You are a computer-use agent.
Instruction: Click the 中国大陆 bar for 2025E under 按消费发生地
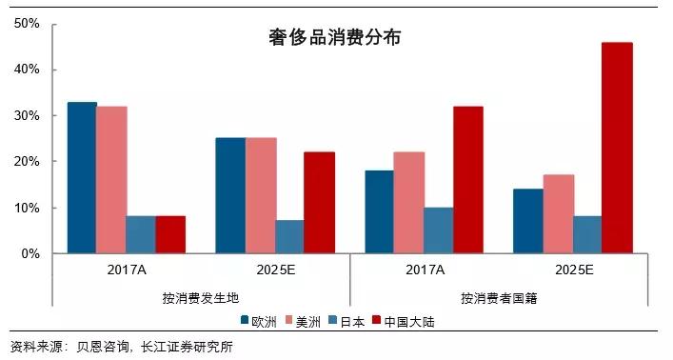[x=319, y=203]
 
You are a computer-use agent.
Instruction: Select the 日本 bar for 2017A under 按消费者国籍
[x=438, y=230]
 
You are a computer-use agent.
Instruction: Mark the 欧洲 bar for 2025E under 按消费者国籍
[x=528, y=221]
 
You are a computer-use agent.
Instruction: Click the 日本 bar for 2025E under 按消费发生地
[x=289, y=237]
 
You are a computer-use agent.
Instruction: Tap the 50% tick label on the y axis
[x=25, y=24]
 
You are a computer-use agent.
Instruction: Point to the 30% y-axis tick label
[x=25, y=116]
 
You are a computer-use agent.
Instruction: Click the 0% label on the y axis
[x=29, y=254]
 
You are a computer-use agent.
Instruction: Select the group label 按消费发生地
[x=201, y=298]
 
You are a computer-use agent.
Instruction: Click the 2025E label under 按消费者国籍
[x=572, y=270]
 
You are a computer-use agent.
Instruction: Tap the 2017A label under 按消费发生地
[x=127, y=270]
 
